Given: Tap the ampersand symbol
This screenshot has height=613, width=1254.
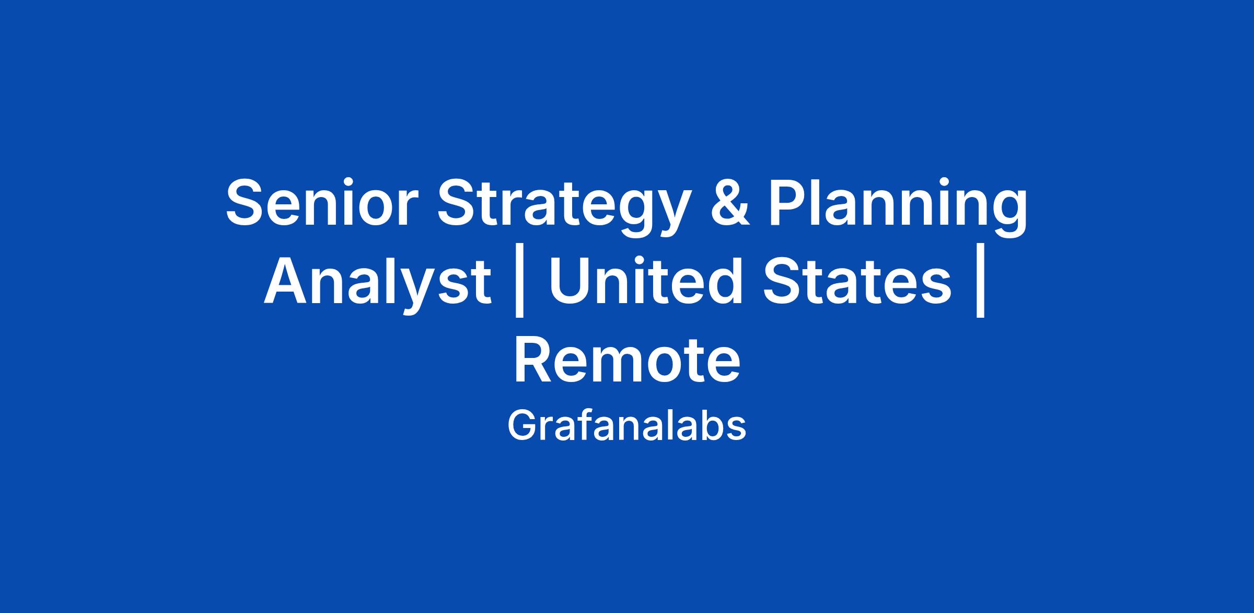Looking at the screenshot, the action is (728, 202).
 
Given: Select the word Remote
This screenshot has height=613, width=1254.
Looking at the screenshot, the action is (627, 360).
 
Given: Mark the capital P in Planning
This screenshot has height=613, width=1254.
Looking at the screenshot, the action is (789, 202).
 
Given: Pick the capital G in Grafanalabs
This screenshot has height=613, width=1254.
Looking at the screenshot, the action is (522, 425).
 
